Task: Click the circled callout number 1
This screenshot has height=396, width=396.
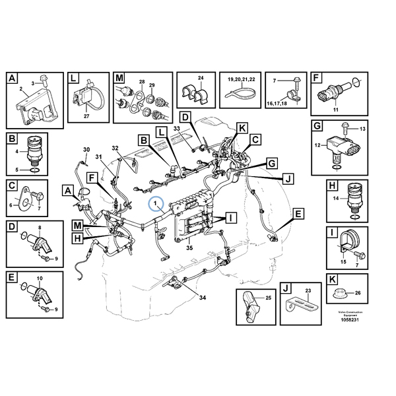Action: click(x=157, y=204)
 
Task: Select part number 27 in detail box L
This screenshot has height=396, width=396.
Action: click(x=86, y=116)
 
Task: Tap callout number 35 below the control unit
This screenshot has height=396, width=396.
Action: click(x=189, y=248)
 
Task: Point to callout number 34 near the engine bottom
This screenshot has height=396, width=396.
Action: click(x=203, y=298)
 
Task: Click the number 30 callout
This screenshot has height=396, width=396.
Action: click(x=85, y=151)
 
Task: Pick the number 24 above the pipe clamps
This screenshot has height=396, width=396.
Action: click(x=201, y=79)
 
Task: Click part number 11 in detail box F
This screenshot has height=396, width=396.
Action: click(x=335, y=109)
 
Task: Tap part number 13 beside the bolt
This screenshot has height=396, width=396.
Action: click(x=361, y=129)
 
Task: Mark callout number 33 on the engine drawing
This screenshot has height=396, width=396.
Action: click(x=177, y=127)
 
